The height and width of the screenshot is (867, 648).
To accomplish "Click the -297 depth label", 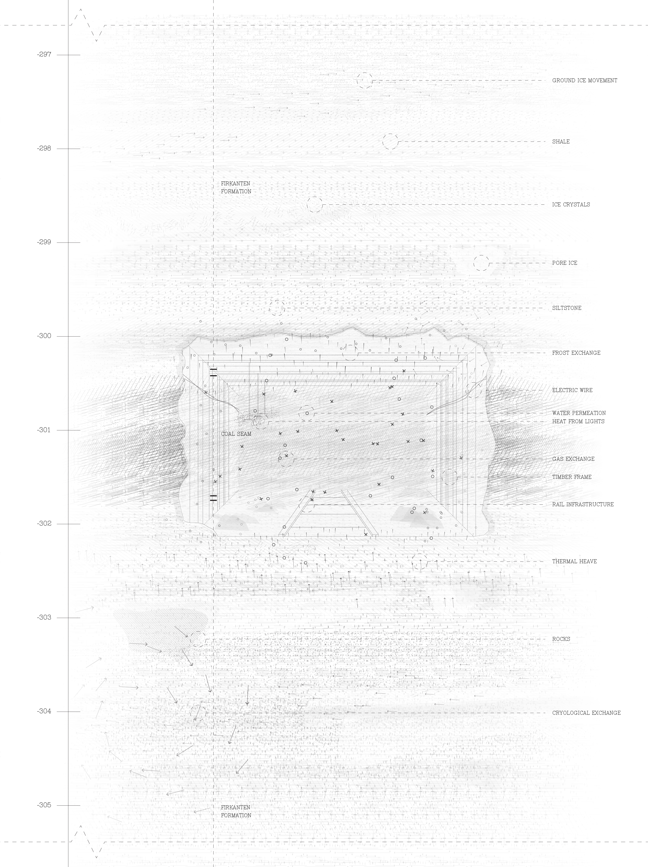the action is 44,54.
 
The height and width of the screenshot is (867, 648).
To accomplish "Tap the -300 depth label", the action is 44,336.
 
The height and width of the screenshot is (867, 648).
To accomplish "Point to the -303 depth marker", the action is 44,617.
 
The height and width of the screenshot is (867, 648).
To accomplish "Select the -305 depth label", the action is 44,805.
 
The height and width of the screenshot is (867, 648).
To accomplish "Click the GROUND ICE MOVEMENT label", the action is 584,80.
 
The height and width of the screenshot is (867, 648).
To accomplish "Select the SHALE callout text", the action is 561,142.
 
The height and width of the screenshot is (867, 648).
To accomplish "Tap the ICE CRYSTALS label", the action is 571,205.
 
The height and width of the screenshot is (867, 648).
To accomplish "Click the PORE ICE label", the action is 565,263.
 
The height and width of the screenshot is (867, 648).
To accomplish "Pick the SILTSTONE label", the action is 566,308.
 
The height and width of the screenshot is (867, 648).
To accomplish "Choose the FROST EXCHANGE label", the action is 576,353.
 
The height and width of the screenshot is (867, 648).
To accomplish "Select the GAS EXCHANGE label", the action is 573,459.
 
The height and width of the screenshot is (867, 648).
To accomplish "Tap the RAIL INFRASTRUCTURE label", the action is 582,504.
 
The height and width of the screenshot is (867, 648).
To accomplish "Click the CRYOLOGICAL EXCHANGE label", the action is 586,713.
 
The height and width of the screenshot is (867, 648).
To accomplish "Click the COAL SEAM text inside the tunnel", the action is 236,434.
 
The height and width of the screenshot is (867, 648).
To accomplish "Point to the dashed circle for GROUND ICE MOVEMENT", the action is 364,80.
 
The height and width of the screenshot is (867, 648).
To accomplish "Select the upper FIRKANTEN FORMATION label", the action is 236,187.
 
